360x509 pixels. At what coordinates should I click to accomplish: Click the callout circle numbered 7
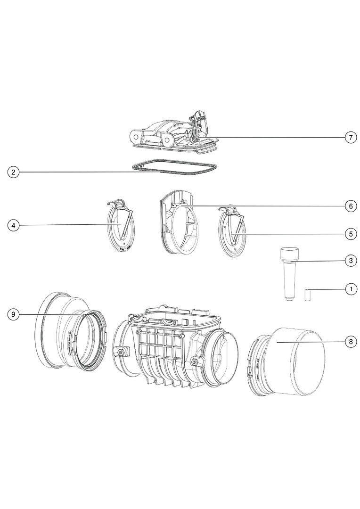pos(350,138)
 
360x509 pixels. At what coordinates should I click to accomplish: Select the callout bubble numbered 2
pos(14,172)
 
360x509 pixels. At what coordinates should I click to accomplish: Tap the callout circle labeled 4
pos(14,226)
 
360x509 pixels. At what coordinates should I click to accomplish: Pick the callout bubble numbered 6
pos(350,206)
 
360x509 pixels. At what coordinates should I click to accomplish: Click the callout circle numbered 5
pos(350,233)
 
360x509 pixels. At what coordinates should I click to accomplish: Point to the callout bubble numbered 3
pos(350,260)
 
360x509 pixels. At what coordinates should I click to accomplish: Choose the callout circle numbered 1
pos(350,288)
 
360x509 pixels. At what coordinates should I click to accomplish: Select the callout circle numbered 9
pos(14,314)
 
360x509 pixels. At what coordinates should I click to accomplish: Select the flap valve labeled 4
pos(121,226)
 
